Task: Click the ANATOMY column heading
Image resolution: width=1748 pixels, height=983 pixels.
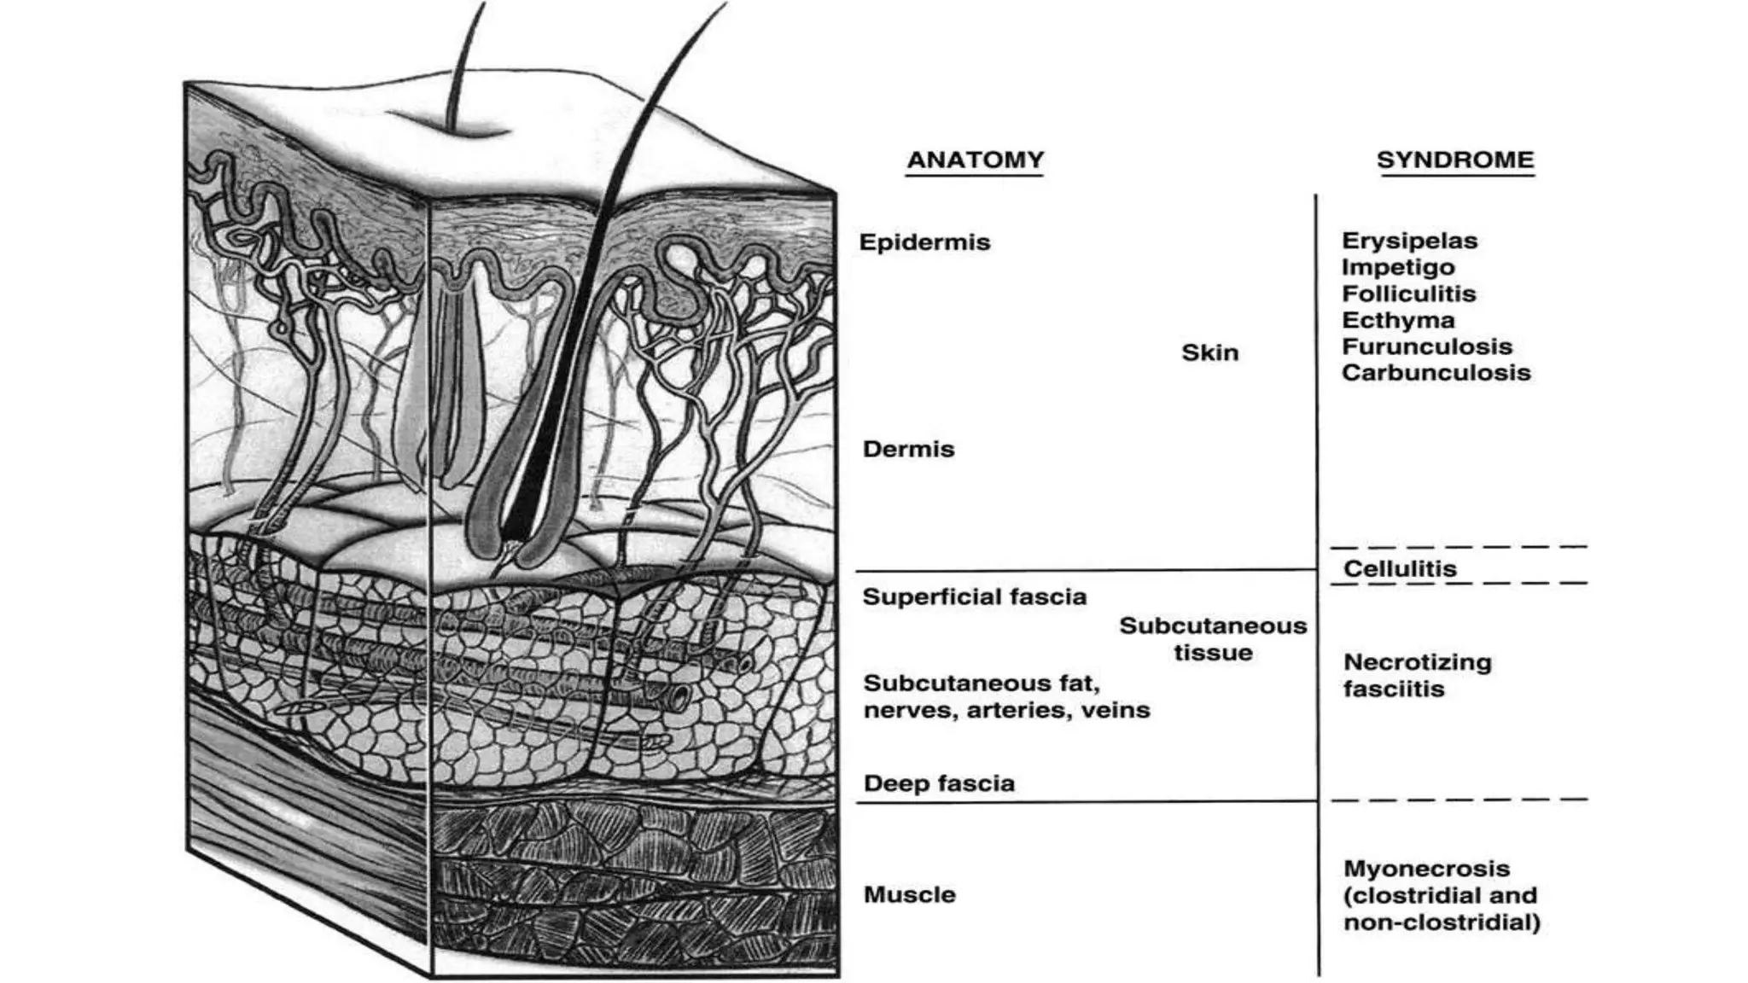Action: coord(975,160)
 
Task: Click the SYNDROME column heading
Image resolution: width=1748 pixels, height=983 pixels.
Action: coord(1455,160)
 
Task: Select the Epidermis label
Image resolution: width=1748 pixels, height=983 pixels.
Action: coord(924,242)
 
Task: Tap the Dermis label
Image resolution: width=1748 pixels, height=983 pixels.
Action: coord(908,449)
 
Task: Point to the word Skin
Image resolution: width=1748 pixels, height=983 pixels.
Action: coord(1209,352)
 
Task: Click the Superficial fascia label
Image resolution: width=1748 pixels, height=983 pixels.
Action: coord(974,596)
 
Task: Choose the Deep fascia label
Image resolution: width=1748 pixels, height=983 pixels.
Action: coord(939,783)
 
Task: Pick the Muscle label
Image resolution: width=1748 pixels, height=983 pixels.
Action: coord(909,894)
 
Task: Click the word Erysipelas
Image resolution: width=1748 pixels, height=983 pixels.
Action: coord(1409,241)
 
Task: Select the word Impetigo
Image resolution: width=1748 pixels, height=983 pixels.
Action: coord(1398,267)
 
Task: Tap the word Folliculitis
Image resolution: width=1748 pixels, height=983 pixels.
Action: coord(1408,294)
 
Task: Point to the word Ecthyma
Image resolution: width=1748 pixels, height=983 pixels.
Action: coord(1398,320)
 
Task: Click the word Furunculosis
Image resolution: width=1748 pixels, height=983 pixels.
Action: coord(1427,346)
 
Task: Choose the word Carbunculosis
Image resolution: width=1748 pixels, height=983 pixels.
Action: coord(1436,373)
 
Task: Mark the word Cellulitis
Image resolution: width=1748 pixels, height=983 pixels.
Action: coord(1400,568)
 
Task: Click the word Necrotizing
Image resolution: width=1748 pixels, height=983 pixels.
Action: coord(1417,662)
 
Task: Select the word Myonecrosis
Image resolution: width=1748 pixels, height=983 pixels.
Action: coord(1426,869)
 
